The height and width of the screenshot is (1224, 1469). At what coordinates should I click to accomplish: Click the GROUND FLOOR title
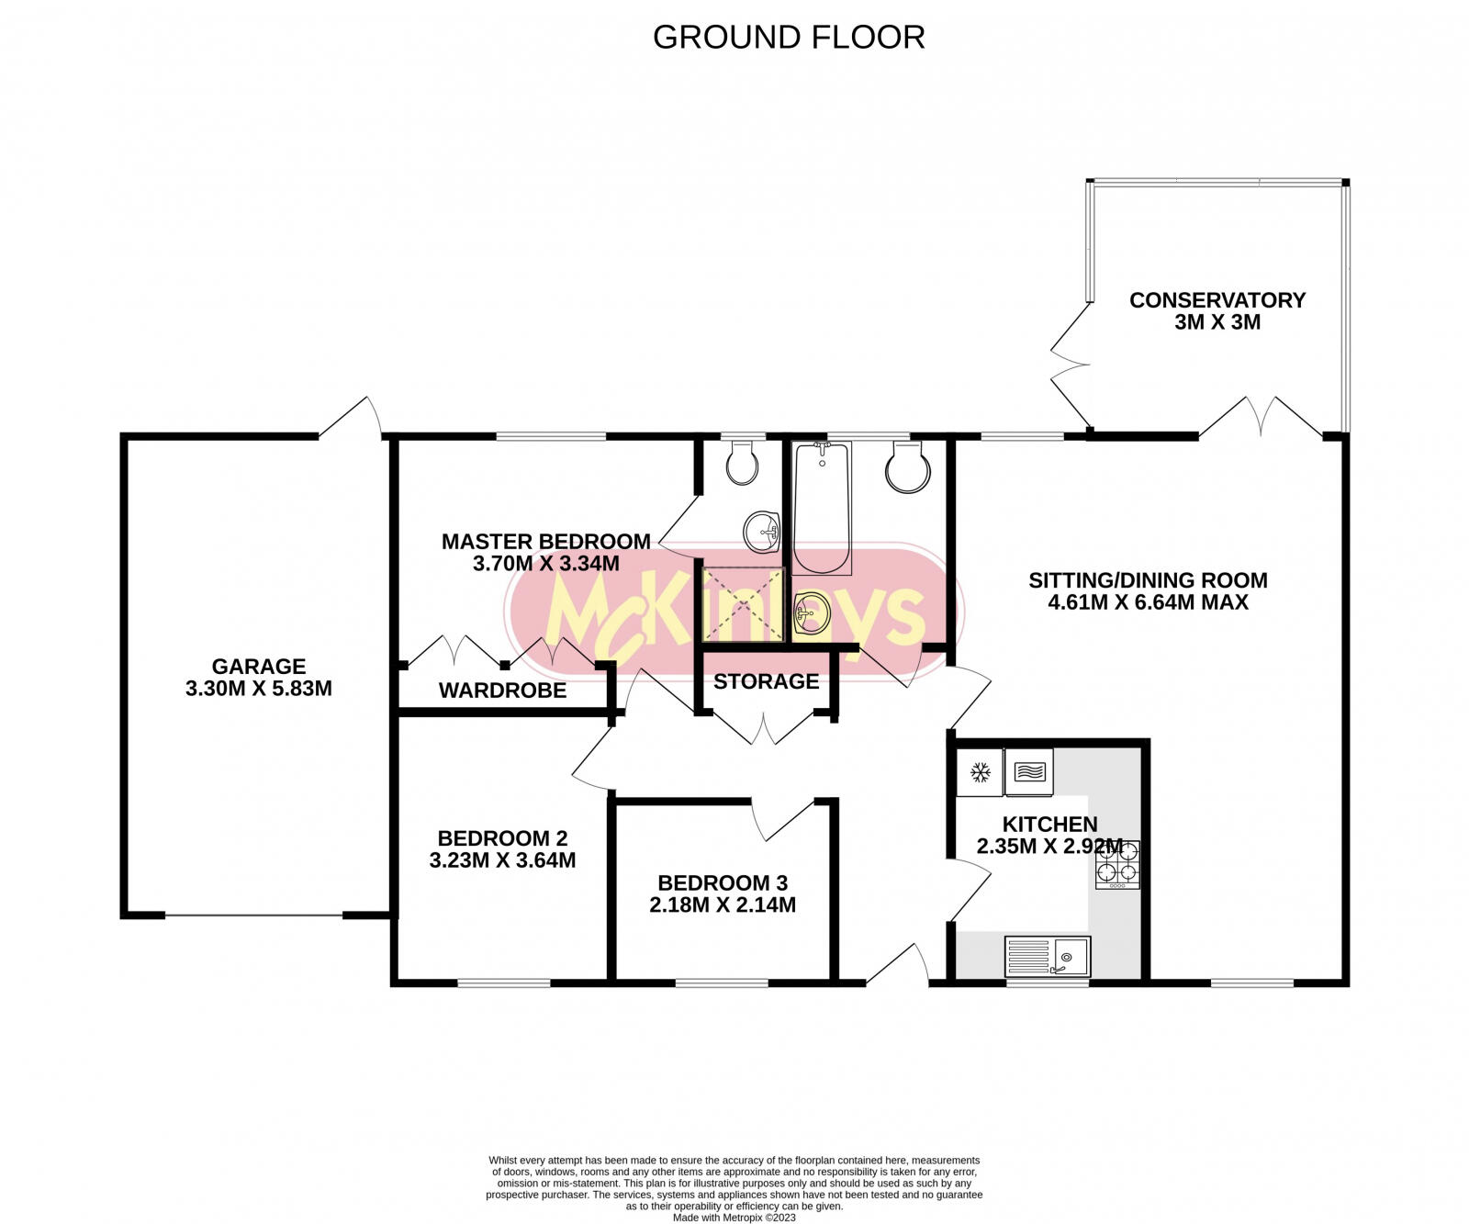pyautogui.click(x=789, y=37)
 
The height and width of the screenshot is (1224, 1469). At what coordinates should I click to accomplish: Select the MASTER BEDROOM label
pyautogui.click(x=546, y=542)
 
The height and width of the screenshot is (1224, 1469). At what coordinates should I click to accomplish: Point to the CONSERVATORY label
pyautogui.click(x=1217, y=300)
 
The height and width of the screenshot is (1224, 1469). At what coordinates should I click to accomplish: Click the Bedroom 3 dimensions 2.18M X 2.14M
pyautogui.click(x=723, y=905)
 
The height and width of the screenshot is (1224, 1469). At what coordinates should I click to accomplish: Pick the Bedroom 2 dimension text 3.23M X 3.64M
pyautogui.click(x=502, y=860)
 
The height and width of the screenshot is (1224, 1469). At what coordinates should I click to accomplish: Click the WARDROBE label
pyautogui.click(x=502, y=691)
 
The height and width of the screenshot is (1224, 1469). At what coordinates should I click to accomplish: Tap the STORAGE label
pyautogui.click(x=766, y=681)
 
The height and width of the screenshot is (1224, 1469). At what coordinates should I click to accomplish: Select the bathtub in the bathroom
pyautogui.click(x=822, y=508)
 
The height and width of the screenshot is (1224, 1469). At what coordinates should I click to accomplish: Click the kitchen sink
pyautogui.click(x=1048, y=957)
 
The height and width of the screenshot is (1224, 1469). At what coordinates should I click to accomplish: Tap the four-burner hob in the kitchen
pyautogui.click(x=1117, y=865)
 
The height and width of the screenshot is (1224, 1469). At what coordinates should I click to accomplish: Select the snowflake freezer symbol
pyautogui.click(x=980, y=772)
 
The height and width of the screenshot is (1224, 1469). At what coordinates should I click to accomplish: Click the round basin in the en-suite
pyautogui.click(x=762, y=532)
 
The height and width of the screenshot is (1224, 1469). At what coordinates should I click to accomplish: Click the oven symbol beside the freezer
pyautogui.click(x=1029, y=772)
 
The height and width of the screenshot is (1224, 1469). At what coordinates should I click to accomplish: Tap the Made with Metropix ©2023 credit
pyautogui.click(x=734, y=1218)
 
